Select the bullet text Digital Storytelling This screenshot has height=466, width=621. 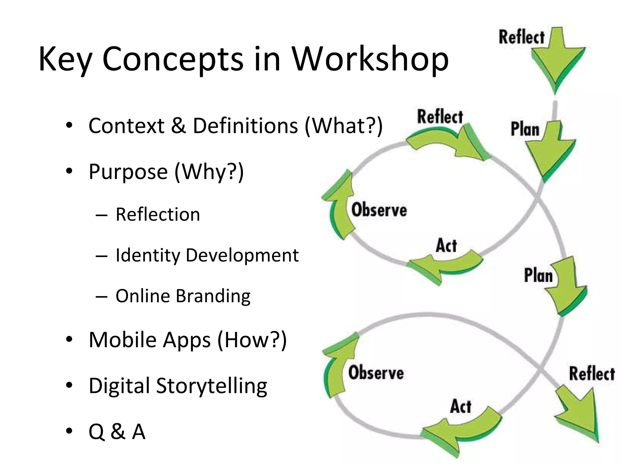click(x=178, y=386)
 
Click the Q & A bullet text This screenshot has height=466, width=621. click(x=117, y=431)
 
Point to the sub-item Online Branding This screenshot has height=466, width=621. click(x=183, y=296)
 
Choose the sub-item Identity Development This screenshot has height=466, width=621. click(x=207, y=255)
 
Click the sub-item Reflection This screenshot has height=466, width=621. click(x=158, y=214)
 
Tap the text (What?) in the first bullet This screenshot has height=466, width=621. click(x=344, y=125)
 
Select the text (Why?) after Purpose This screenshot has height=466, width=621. click(x=209, y=172)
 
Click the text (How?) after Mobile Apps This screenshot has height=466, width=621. click(x=252, y=340)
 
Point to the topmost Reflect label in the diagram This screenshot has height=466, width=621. click(x=522, y=38)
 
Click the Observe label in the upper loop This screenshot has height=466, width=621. click(x=379, y=210)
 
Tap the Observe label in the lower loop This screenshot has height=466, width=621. click(x=376, y=373)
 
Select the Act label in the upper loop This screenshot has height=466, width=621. click(x=446, y=245)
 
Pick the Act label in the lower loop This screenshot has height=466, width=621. click(x=461, y=407)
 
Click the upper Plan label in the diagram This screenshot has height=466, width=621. click(x=525, y=129)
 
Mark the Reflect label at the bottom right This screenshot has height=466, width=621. click(x=592, y=373)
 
